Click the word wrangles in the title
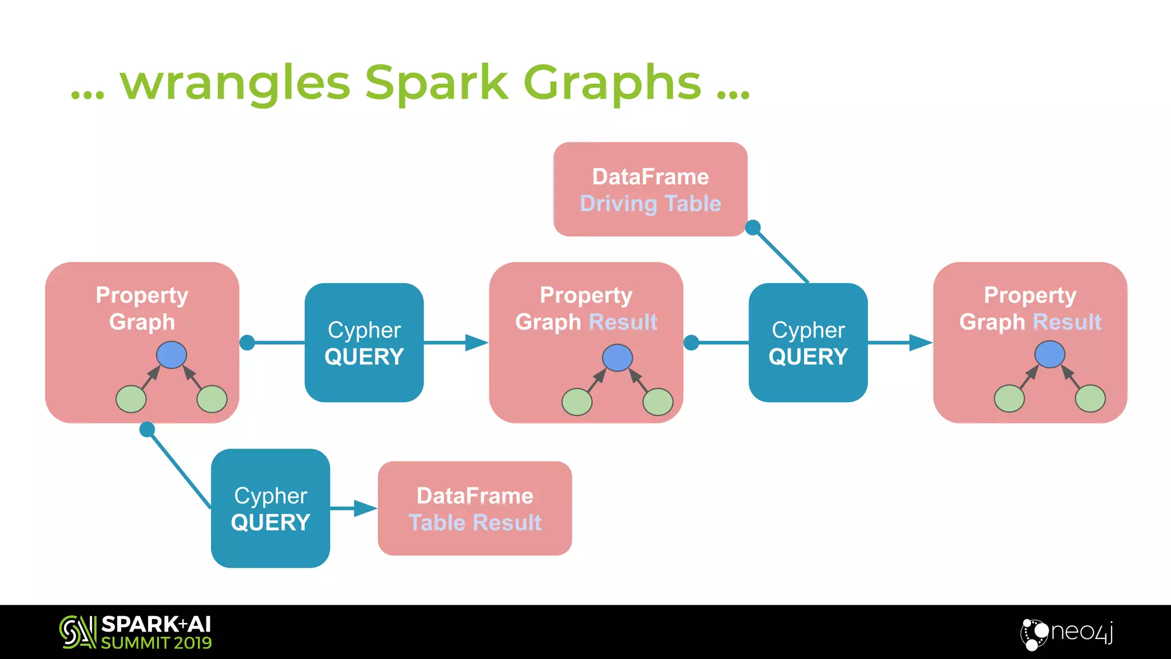click(234, 84)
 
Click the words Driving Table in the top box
click(650, 204)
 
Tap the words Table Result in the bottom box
click(475, 522)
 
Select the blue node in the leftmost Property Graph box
click(172, 355)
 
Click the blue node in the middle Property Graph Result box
click(617, 358)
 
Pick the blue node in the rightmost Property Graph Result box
click(1049, 355)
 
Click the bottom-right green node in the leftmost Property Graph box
click(212, 399)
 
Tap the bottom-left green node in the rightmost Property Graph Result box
click(1009, 399)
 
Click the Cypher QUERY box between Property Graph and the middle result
click(364, 343)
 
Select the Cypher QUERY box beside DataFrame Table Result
click(270, 508)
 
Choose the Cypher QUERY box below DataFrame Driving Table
click(808, 343)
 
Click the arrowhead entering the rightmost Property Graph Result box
click(920, 343)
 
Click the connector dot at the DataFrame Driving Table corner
click(753, 228)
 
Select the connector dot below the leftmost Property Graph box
click(147, 429)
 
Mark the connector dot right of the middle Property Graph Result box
click(691, 343)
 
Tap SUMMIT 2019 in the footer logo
click(156, 643)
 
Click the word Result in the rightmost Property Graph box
click(1066, 322)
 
